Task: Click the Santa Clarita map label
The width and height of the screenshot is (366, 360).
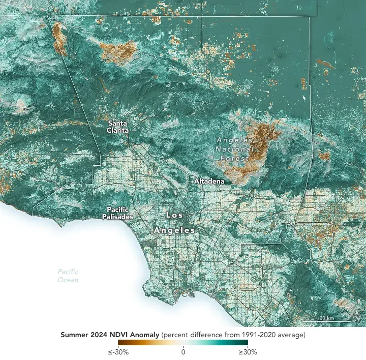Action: pos(117,127)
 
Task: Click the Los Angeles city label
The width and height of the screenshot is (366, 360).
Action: pos(174,223)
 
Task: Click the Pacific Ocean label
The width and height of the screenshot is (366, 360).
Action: pos(68,276)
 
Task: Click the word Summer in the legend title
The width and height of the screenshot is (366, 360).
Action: pos(74,335)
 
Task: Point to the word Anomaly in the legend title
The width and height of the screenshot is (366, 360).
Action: pos(143,335)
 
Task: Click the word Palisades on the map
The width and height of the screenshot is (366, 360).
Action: pos(119,217)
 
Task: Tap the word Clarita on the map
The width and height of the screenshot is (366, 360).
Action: pos(117,130)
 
